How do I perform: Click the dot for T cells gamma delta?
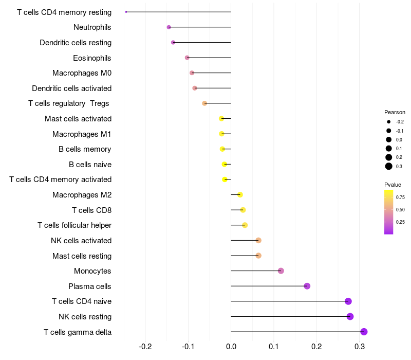(x=364, y=332)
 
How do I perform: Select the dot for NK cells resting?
(x=350, y=316)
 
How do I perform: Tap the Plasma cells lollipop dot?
(x=307, y=286)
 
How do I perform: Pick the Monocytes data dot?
(x=281, y=271)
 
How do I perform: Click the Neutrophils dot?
(x=169, y=27)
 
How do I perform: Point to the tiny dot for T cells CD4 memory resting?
(x=126, y=12)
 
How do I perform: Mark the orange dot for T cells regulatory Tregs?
(x=204, y=103)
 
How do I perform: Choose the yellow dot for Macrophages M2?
(x=240, y=195)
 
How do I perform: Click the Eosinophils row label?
(x=92, y=58)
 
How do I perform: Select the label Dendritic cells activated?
(x=71, y=88)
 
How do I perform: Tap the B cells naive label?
(x=90, y=165)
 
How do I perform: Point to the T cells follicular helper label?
(x=74, y=225)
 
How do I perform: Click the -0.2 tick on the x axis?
(x=145, y=347)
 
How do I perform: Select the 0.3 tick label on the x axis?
(x=359, y=347)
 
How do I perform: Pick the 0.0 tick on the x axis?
(x=231, y=347)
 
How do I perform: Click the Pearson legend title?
(x=395, y=112)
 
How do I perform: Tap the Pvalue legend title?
(x=393, y=185)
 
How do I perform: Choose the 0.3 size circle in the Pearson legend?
(x=389, y=166)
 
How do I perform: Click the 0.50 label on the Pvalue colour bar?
(x=400, y=210)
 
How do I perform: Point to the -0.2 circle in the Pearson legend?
(x=389, y=122)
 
